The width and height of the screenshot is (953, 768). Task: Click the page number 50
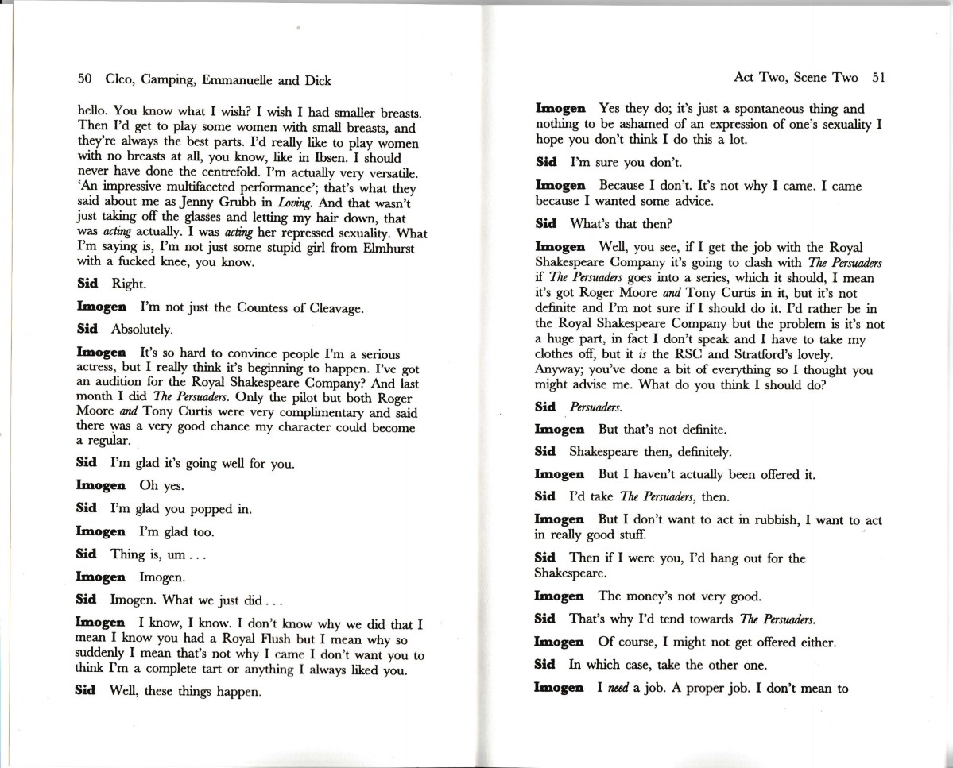point(85,79)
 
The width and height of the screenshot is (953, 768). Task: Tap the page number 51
point(877,77)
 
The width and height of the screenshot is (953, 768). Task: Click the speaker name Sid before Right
point(87,283)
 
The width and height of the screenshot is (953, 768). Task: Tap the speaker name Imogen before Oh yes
point(100,485)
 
